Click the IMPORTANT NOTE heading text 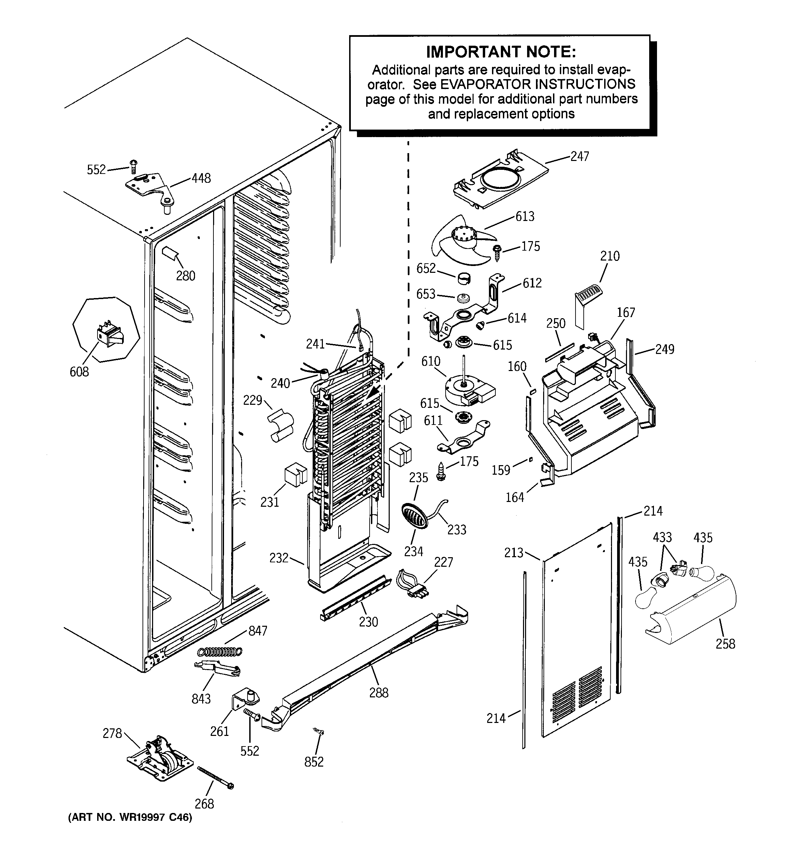[501, 52]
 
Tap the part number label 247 [579, 157]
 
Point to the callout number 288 [379, 693]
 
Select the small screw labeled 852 [319, 731]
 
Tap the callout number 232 [279, 558]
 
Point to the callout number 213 [514, 553]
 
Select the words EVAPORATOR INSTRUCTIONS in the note [537, 84]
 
